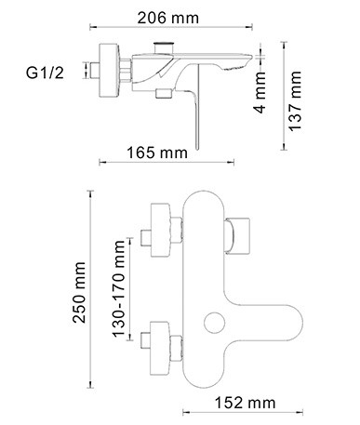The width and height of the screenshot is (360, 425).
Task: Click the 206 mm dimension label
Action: point(168,18)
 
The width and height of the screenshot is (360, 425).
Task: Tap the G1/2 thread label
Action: point(45,73)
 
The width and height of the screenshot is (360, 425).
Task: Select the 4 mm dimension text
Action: point(260,92)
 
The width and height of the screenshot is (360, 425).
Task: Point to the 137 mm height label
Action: point(295,101)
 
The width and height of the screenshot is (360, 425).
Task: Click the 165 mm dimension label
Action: point(157,153)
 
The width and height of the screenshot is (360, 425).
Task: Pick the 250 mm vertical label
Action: point(79,292)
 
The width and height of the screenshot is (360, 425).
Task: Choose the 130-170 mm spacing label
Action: point(119,288)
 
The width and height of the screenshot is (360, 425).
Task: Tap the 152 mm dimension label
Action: point(245,403)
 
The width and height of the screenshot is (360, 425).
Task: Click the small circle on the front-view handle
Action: point(215,323)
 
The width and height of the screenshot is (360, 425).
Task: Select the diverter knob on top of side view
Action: point(164,47)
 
